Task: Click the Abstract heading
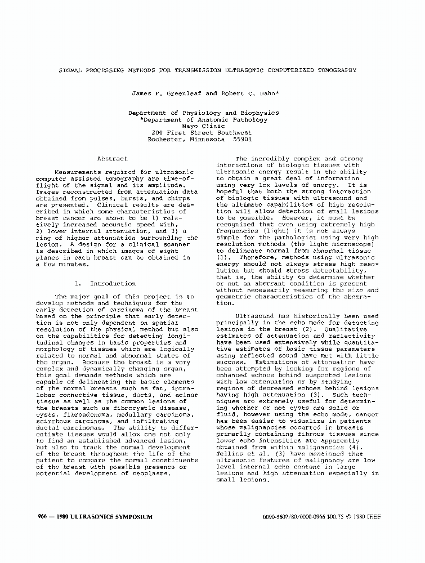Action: point(113,159)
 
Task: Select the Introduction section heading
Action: point(113,284)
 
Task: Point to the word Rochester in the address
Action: point(166,138)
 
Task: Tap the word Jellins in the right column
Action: point(230,453)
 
